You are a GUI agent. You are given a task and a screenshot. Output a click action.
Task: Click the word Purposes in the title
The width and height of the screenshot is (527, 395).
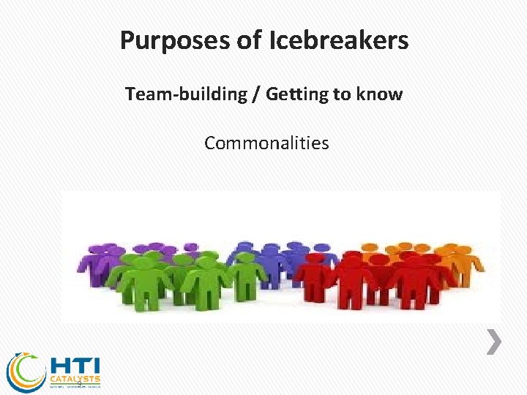pyautogui.click(x=173, y=41)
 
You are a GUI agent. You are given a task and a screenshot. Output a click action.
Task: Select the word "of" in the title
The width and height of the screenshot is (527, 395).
pyautogui.click(x=248, y=41)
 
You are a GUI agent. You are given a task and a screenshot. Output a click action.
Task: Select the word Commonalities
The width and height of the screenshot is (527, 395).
pyautogui.click(x=266, y=143)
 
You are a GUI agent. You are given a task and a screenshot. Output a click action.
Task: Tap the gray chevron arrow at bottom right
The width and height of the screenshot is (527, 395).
pyautogui.click(x=495, y=342)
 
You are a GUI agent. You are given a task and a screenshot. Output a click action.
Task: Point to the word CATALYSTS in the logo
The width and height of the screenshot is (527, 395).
pyautogui.click(x=75, y=380)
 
